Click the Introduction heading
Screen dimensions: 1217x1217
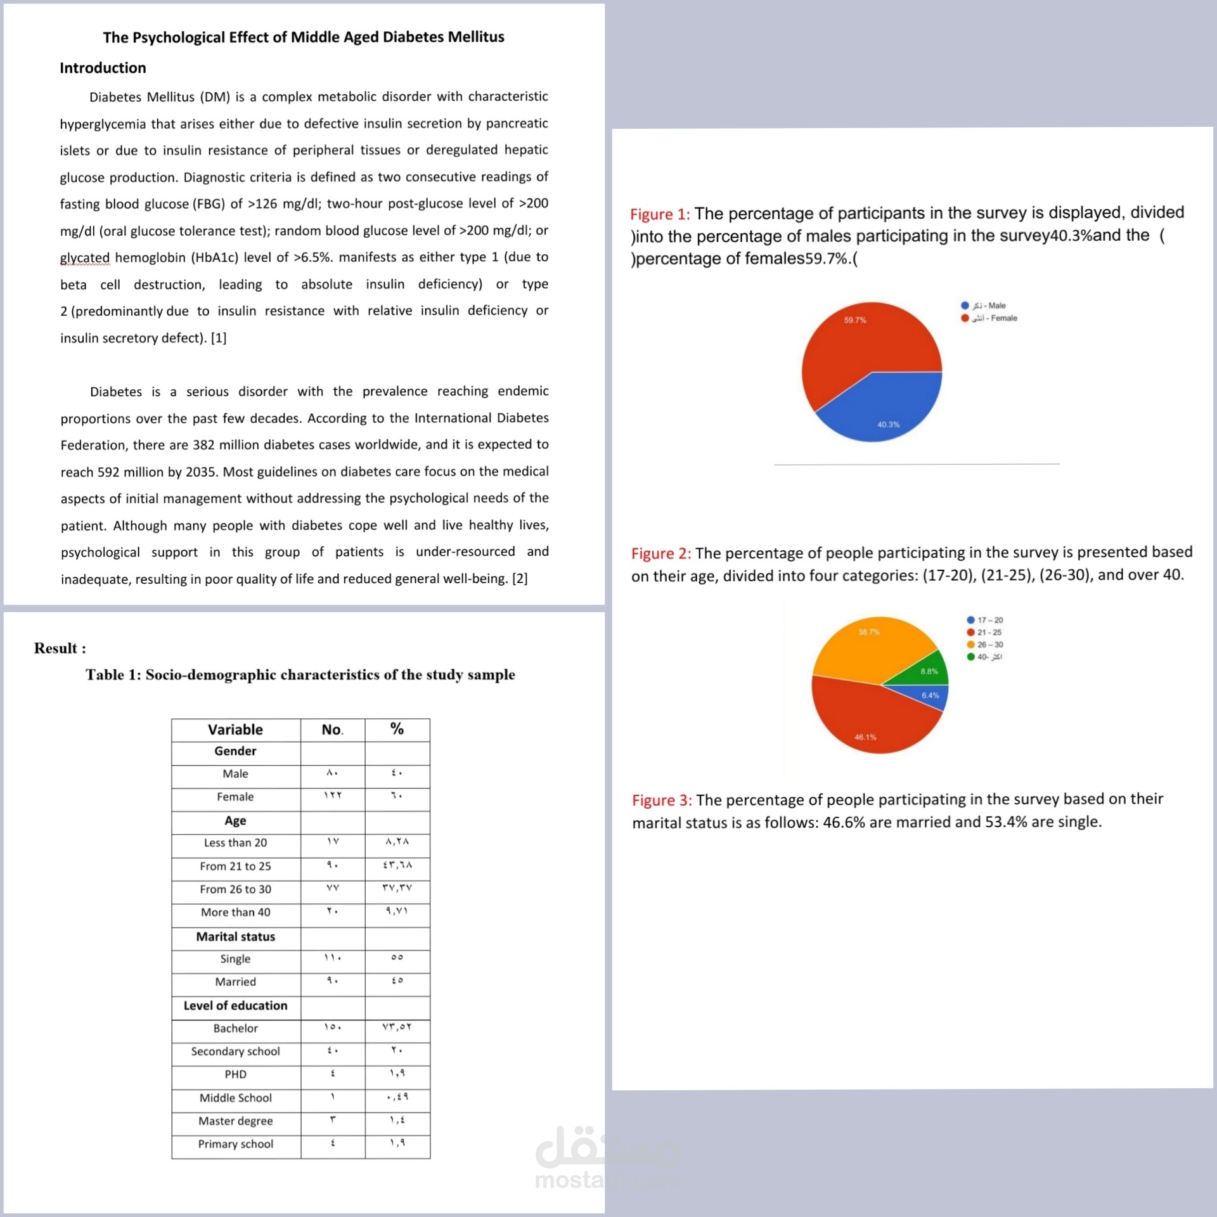click(x=103, y=68)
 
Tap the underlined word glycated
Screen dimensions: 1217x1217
click(x=85, y=257)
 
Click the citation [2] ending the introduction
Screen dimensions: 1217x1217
click(x=520, y=578)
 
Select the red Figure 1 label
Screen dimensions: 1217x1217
click(x=659, y=214)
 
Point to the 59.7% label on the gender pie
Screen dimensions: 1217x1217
click(x=854, y=320)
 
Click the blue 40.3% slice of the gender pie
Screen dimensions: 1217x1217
click(x=887, y=409)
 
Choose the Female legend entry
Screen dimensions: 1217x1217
click(x=994, y=318)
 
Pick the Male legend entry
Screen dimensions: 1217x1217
click(x=989, y=306)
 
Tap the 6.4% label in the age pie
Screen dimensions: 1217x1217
click(x=930, y=695)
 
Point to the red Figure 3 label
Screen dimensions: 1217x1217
click(x=662, y=800)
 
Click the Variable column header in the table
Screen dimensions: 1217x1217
click(x=235, y=730)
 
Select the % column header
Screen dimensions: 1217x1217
click(x=397, y=729)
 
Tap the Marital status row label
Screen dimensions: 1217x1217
click(x=235, y=936)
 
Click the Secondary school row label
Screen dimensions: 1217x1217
click(x=235, y=1051)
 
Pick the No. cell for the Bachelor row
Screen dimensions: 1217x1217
click(x=332, y=1027)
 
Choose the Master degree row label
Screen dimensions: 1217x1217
click(x=235, y=1121)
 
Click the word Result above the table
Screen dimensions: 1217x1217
click(x=56, y=648)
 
